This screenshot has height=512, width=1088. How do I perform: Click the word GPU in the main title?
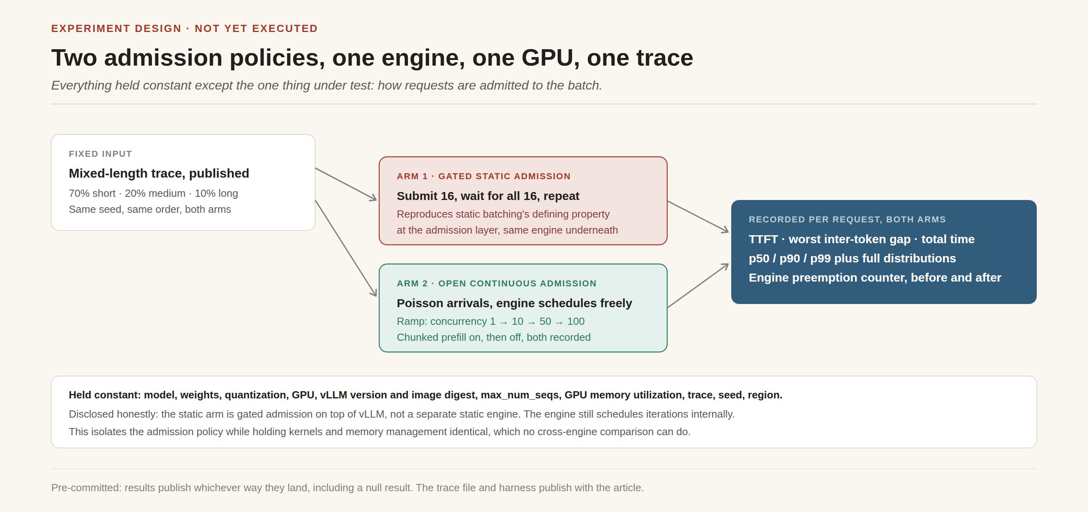pyautogui.click(x=547, y=58)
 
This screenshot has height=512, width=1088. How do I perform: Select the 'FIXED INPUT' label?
pyautogui.click(x=100, y=154)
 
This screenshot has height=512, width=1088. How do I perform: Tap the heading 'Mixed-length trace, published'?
pyautogui.click(x=159, y=173)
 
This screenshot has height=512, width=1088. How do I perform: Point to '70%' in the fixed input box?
pyautogui.click(x=79, y=193)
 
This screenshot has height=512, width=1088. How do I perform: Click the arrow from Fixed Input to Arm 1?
pyautogui.click(x=346, y=184)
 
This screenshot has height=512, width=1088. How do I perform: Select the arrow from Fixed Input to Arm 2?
pyautogui.click(x=346, y=248)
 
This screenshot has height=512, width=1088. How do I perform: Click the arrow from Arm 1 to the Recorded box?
pyautogui.click(x=698, y=217)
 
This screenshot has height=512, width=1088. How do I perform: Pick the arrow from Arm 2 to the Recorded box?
pyautogui.click(x=698, y=286)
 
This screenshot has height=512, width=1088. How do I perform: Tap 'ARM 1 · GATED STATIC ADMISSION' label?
pyautogui.click(x=484, y=176)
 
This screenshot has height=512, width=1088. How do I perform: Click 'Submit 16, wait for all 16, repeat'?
pyautogui.click(x=488, y=196)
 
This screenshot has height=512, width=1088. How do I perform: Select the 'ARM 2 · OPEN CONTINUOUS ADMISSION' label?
pyautogui.click(x=497, y=284)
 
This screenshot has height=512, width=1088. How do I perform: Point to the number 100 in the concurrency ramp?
pyautogui.click(x=576, y=321)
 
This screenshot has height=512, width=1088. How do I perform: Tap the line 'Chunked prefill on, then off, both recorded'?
pyautogui.click(x=494, y=337)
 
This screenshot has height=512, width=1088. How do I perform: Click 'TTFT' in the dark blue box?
pyautogui.click(x=763, y=239)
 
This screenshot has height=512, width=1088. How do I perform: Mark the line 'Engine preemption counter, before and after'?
pyautogui.click(x=875, y=278)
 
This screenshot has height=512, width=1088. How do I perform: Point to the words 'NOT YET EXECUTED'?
pyautogui.click(x=256, y=28)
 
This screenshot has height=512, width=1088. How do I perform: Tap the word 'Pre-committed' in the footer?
pyautogui.click(x=86, y=488)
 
